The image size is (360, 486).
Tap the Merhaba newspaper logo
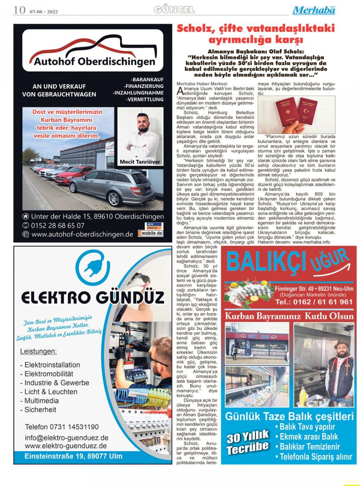tap(314, 10)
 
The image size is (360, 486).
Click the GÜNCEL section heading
tap(174, 10)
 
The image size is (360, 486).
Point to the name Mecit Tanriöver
tap(140, 162)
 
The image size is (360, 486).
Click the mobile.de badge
tap(150, 233)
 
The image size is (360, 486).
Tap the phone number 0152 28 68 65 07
tap(58, 225)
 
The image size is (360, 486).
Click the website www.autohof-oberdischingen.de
tap(82, 234)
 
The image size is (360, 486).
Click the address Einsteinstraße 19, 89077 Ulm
tap(73, 456)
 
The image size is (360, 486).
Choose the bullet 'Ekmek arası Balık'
tap(309, 437)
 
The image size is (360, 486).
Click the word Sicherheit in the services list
tap(40, 410)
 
